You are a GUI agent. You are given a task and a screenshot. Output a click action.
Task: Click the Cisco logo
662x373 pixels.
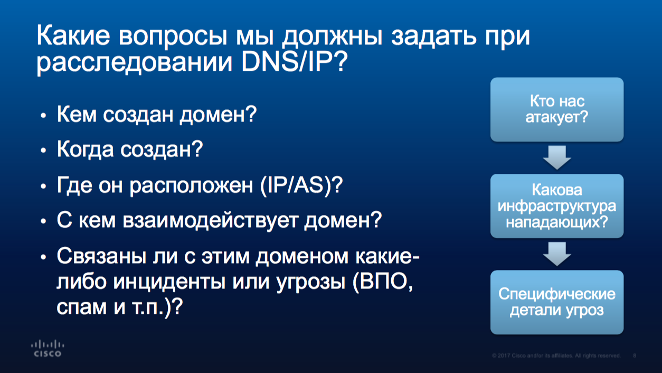point(48,349)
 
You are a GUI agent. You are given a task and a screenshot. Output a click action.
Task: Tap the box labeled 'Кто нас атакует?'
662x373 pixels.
point(557,109)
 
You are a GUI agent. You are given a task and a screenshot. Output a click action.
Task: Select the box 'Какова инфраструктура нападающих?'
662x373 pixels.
point(557,206)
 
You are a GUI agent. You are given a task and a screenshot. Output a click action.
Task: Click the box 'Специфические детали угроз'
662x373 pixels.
point(557,302)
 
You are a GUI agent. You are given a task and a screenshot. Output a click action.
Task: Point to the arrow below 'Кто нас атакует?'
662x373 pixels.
point(557,157)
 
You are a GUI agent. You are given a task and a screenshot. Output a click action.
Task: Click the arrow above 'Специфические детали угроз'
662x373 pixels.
point(557,254)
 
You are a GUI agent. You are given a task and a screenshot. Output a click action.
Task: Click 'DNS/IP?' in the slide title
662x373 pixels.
point(295,62)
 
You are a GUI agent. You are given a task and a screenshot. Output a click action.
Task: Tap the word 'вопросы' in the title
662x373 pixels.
point(173,36)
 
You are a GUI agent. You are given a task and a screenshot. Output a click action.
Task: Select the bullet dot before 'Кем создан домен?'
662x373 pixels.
point(43,115)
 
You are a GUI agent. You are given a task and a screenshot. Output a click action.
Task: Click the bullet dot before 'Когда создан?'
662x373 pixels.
point(43,150)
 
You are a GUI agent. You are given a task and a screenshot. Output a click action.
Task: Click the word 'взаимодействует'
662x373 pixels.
point(210,220)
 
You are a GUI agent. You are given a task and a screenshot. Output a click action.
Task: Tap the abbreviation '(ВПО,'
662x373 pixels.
point(383,281)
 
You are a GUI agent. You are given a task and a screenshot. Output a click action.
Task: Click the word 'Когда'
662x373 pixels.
point(85,149)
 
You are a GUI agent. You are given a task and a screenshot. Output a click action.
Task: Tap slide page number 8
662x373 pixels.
point(635,356)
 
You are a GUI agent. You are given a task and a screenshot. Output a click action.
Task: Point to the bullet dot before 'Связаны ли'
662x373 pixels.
point(43,257)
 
